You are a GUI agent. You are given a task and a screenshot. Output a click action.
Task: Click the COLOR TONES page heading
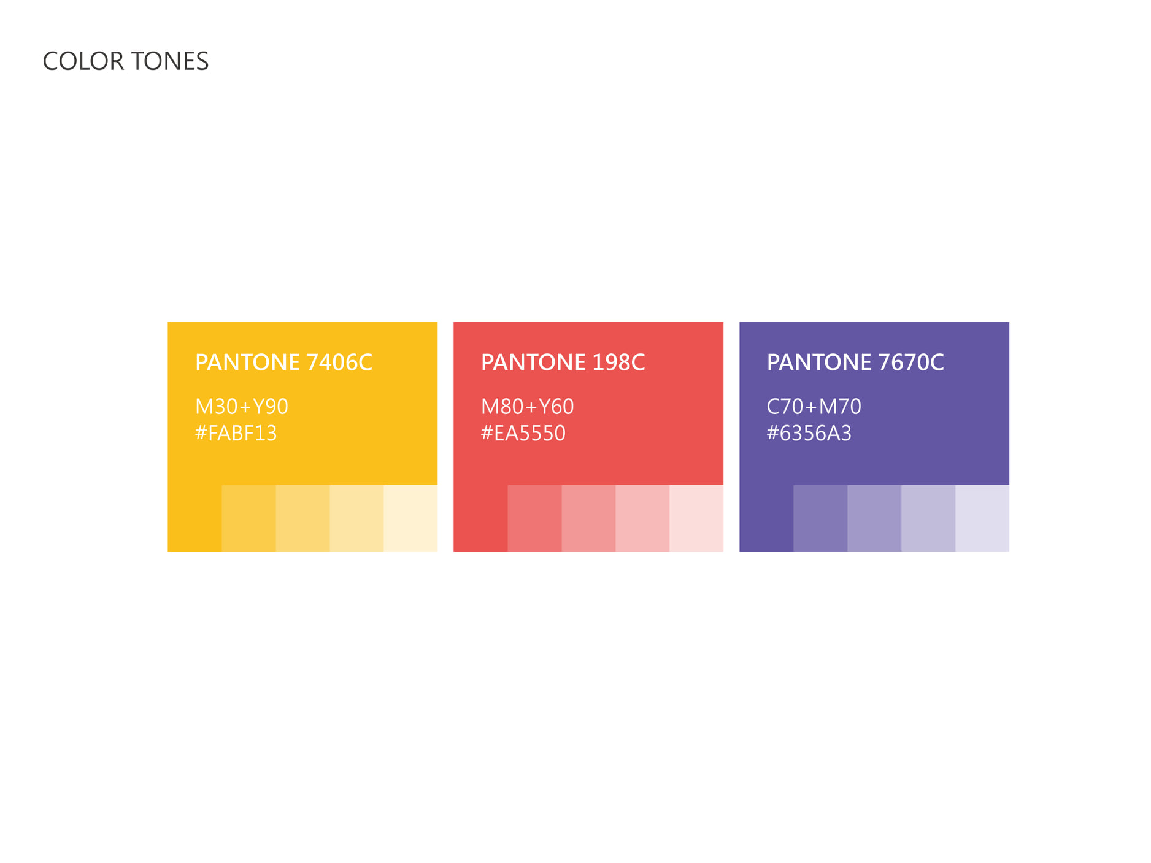coord(126,61)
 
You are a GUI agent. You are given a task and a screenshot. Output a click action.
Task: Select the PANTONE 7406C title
coord(283,362)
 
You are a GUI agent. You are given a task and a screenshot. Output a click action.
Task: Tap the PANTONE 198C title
coord(563,362)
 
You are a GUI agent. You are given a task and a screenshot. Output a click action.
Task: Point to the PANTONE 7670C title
coord(855,362)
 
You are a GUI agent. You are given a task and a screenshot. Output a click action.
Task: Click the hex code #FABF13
coord(236,434)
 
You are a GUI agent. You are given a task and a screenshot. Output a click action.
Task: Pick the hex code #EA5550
coord(523,434)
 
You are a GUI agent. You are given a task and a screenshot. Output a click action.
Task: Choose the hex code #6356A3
coord(809,434)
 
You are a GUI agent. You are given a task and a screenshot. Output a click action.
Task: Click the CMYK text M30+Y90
coord(242,407)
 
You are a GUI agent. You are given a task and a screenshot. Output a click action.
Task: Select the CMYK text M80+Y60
coord(528,407)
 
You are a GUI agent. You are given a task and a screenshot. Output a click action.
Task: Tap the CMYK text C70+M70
coord(814,407)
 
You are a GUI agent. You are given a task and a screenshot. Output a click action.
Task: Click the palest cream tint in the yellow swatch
coord(410,518)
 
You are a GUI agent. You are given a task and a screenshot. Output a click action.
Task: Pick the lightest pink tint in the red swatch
coord(696,518)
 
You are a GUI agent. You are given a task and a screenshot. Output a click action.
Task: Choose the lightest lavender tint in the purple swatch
coord(982,518)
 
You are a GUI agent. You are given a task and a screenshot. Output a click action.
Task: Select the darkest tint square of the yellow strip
coord(248,518)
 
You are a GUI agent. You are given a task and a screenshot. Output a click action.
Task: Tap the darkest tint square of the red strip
coord(534,518)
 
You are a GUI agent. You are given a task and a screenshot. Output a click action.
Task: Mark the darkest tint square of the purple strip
coord(820,518)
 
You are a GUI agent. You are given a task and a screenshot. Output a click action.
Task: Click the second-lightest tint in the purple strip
coord(928,518)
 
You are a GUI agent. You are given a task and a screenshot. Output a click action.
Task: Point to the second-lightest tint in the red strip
coord(642,518)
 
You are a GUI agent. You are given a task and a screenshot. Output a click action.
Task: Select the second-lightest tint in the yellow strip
coord(356,518)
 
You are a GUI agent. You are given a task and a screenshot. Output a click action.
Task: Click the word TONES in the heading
coord(170,61)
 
